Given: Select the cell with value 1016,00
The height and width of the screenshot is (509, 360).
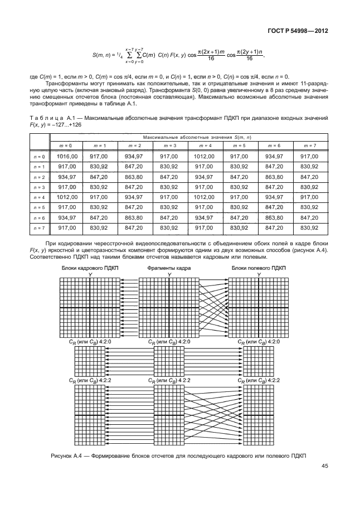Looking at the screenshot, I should [66, 157].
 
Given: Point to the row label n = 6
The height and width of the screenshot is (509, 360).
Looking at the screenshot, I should [38, 217].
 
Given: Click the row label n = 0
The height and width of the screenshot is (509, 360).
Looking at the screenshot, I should [38, 157].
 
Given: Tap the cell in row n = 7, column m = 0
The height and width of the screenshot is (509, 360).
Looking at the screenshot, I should [66, 227].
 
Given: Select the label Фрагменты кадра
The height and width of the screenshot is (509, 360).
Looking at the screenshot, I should [169, 268].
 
